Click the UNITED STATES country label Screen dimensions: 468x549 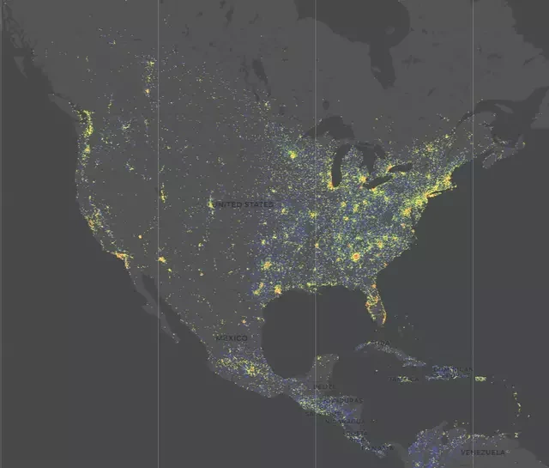coord(244,204)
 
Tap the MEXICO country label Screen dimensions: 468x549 coord(231,338)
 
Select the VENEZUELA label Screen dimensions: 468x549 coord(483,452)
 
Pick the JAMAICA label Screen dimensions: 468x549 coord(403,379)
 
